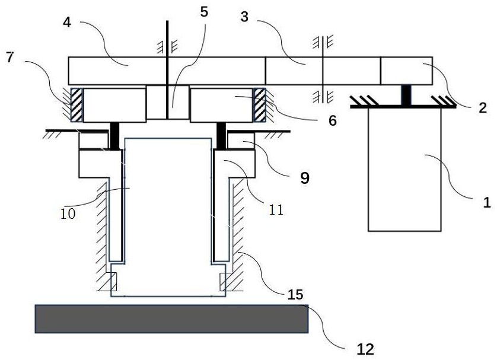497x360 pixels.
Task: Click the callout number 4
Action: click(x=67, y=23)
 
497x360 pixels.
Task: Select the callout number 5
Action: click(x=204, y=12)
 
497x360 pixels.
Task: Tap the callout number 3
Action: click(x=244, y=17)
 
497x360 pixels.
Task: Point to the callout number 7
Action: click(x=10, y=58)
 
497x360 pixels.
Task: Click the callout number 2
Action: click(x=482, y=108)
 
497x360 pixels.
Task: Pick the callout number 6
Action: click(x=332, y=121)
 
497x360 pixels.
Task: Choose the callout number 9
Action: click(x=305, y=179)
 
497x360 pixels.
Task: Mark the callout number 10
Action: click(x=68, y=214)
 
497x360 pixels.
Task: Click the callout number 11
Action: click(x=276, y=210)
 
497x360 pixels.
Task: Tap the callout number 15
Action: click(x=295, y=295)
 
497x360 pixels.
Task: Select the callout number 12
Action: click(x=365, y=349)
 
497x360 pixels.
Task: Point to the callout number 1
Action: click(x=487, y=202)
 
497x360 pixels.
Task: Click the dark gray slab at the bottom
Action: click(x=171, y=319)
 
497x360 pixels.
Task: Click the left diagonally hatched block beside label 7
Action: click(x=76, y=105)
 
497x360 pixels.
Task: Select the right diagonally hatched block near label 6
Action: click(x=260, y=105)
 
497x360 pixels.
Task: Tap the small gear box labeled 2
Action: click(x=406, y=71)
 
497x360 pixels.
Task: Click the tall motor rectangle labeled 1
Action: click(x=404, y=170)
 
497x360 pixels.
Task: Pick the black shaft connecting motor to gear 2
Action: click(x=406, y=95)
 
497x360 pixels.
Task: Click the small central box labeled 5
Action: click(x=168, y=102)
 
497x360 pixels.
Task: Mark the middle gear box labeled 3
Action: click(x=323, y=71)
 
